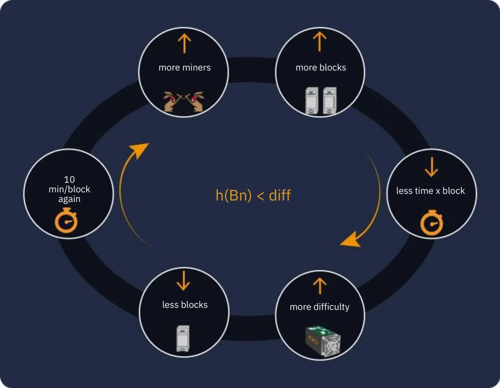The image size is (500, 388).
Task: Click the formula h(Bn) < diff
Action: [253, 195]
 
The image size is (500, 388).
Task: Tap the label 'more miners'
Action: [184, 68]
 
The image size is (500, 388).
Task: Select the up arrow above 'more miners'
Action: [184, 43]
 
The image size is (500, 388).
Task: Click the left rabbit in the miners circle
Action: [171, 102]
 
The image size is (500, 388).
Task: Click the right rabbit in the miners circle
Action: [198, 102]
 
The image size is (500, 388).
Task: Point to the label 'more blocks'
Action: [321, 68]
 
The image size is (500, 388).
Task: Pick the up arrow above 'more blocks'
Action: [320, 41]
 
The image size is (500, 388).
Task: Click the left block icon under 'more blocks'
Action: [311, 101]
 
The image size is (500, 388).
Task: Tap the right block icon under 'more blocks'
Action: [330, 101]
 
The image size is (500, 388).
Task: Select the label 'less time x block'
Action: [430, 191]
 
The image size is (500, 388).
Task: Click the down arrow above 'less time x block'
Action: [431, 167]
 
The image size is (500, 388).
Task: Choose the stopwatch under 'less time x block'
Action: [432, 223]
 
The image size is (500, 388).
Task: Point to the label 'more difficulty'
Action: [320, 307]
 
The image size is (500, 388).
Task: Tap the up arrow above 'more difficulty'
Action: [320, 286]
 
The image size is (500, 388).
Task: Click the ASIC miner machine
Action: [323, 342]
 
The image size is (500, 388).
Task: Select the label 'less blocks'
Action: [185, 305]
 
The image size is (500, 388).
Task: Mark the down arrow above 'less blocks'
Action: [183, 281]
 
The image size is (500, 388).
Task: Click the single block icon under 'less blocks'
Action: [183, 338]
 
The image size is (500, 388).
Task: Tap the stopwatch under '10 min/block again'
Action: [66, 221]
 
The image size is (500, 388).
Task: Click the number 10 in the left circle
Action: [69, 179]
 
